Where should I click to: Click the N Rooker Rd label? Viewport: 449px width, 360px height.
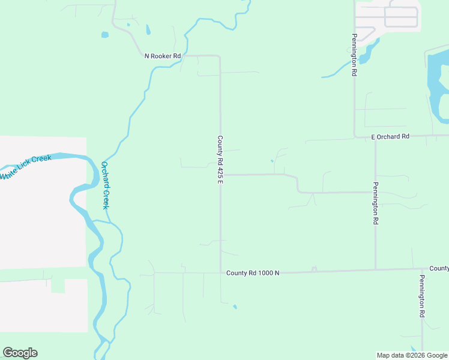pyautogui.click(x=163, y=56)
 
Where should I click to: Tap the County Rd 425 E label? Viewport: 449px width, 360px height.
pyautogui.click(x=220, y=160)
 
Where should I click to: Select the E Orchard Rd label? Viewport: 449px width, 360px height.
pyautogui.click(x=390, y=137)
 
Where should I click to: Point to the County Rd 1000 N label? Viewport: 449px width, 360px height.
pyautogui.click(x=253, y=273)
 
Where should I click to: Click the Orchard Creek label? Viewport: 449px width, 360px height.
pyautogui.click(x=105, y=185)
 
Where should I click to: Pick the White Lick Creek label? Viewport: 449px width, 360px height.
pyautogui.click(x=26, y=166)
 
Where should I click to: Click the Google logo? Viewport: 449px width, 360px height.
pyautogui.click(x=20, y=353)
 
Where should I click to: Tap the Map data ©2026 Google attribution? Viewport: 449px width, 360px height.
pyautogui.click(x=412, y=355)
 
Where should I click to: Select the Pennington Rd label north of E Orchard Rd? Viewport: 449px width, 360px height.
pyautogui.click(x=355, y=55)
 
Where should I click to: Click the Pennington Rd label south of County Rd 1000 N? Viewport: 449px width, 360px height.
pyautogui.click(x=422, y=296)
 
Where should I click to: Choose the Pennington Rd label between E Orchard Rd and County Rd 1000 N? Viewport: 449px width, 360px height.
pyautogui.click(x=376, y=203)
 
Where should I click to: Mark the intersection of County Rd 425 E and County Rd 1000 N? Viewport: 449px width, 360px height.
pyautogui.click(x=220, y=273)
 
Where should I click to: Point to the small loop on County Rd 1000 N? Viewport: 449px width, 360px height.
pyautogui.click(x=314, y=269)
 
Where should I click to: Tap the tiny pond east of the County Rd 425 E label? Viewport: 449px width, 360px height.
pyautogui.click(x=272, y=161)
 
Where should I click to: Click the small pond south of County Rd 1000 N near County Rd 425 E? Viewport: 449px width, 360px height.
pyautogui.click(x=235, y=307)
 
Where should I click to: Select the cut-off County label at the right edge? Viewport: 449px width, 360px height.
pyautogui.click(x=439, y=268)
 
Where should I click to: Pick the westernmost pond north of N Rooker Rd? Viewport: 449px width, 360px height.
pyautogui.click(x=105, y=35)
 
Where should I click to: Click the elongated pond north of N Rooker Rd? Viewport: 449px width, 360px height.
pyautogui.click(x=147, y=29)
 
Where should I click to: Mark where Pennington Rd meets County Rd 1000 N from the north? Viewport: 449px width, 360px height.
pyautogui.click(x=376, y=269)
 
